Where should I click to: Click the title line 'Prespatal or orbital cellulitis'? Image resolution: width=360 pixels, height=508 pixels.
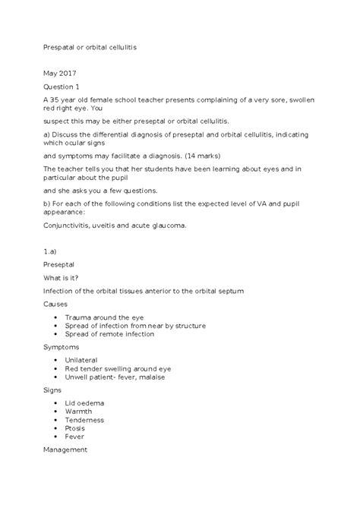point(90,46)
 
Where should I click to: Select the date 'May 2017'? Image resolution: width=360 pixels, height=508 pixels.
point(58,74)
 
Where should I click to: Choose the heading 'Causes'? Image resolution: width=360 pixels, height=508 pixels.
point(56,302)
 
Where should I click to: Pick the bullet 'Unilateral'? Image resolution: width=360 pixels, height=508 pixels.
point(84,360)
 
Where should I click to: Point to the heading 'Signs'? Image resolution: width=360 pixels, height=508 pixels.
point(53,389)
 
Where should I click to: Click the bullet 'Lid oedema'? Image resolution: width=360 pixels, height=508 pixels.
point(85,402)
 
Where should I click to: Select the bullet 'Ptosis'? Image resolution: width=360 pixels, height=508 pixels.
point(77,428)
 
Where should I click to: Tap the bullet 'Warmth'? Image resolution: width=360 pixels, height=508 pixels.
point(80,411)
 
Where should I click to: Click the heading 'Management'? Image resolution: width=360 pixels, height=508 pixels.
point(66,450)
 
